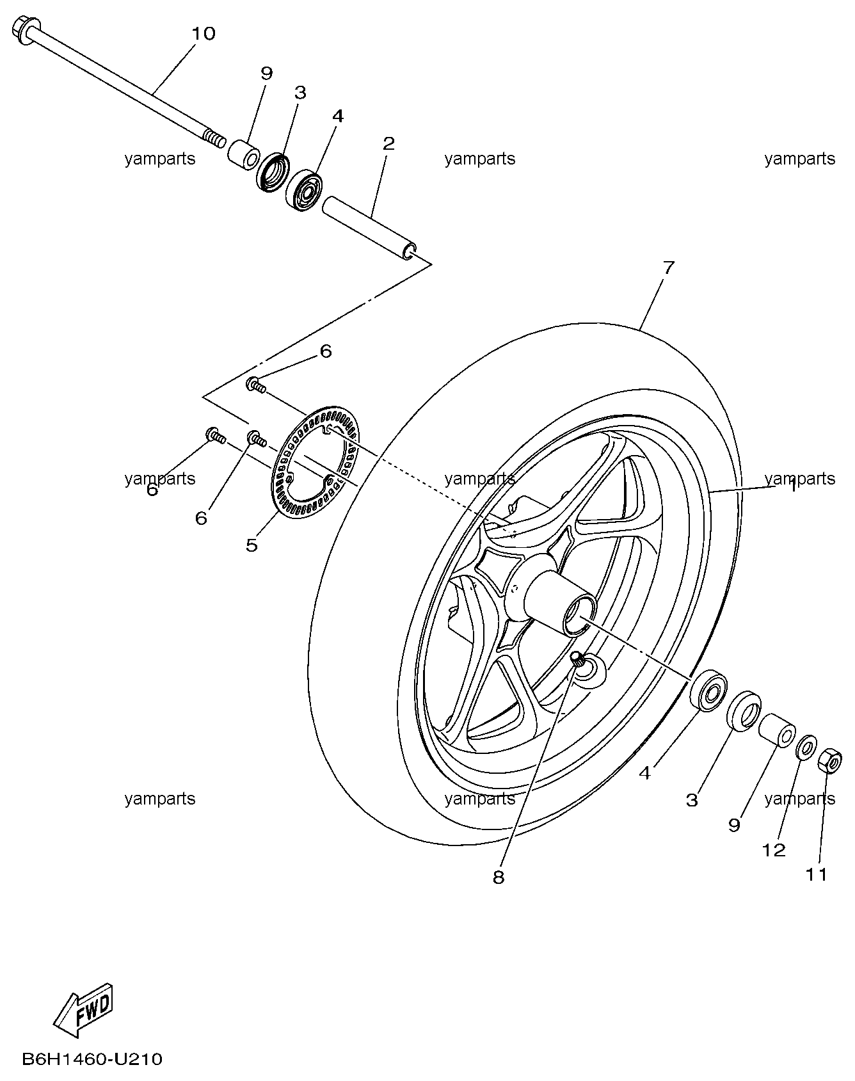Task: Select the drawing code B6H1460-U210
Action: (x=92, y=1059)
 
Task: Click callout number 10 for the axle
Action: (x=204, y=33)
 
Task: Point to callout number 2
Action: (x=388, y=143)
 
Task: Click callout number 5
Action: (x=252, y=545)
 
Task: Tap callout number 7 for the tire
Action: (x=668, y=268)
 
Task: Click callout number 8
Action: (x=499, y=877)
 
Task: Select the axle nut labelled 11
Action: (x=830, y=760)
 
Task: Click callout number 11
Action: (x=816, y=874)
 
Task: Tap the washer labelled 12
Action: (x=806, y=747)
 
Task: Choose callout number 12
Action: (x=773, y=850)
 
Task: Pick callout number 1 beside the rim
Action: (x=792, y=486)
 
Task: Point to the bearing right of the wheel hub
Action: (x=709, y=691)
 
